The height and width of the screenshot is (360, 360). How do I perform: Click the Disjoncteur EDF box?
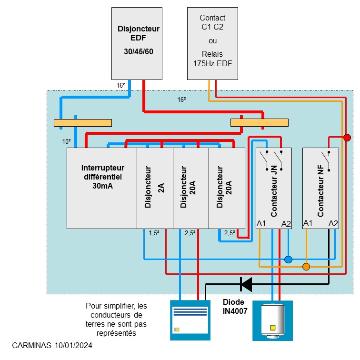[x=138, y=43]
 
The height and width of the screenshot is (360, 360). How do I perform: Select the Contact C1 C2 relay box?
[x=212, y=43]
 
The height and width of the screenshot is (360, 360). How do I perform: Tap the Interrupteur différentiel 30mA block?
[x=102, y=188]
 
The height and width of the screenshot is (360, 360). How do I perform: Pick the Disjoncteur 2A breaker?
[x=155, y=188]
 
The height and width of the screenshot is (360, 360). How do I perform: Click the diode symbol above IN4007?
[x=246, y=284]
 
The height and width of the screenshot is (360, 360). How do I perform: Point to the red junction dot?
[x=348, y=138]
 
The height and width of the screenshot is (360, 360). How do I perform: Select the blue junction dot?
[x=288, y=260]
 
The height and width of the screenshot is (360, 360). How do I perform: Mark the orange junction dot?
[x=306, y=267]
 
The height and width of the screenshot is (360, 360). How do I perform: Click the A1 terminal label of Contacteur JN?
[x=261, y=224]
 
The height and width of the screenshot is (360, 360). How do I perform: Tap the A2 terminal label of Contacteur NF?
[x=333, y=223]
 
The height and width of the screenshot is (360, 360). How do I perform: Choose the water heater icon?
[x=273, y=320]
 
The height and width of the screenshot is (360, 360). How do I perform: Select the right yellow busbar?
[x=259, y=123]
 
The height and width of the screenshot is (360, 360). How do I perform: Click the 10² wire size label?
[x=67, y=141]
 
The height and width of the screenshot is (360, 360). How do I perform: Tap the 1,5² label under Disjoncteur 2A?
[x=154, y=233]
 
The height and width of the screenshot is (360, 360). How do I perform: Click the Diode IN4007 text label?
[x=233, y=307]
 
